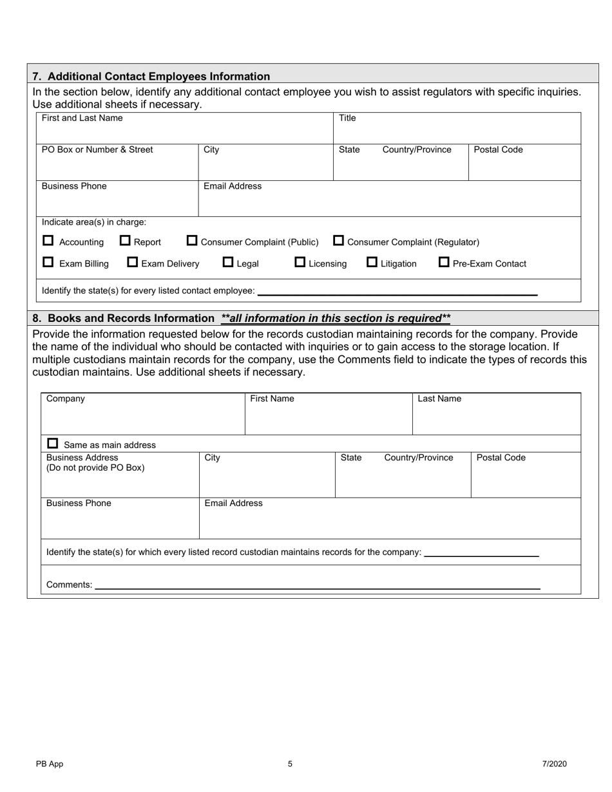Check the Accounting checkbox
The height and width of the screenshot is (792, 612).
[x=48, y=241]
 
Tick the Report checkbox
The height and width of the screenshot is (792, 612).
[x=126, y=241]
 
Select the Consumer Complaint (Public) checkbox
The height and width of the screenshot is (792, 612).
[x=192, y=241]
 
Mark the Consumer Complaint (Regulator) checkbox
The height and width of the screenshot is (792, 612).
[x=338, y=241]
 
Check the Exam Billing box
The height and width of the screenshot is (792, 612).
[x=48, y=263]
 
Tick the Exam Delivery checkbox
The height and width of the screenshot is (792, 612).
[x=133, y=262]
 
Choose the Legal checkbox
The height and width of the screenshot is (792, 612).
[x=228, y=262]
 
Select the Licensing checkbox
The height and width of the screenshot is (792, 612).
[x=300, y=262]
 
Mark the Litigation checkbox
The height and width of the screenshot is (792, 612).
[x=372, y=262]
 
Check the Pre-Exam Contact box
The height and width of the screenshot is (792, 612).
[x=444, y=262]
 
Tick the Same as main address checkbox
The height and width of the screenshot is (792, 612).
[x=53, y=444]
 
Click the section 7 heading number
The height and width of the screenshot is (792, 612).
[x=37, y=77]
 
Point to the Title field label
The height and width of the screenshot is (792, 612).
[x=347, y=118]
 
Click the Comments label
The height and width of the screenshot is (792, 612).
[x=69, y=585]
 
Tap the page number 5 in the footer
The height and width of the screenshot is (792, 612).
[x=290, y=764]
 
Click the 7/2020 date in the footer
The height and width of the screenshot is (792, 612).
[x=554, y=764]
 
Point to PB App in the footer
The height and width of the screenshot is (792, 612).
[x=50, y=764]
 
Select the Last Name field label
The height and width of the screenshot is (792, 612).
[x=439, y=399]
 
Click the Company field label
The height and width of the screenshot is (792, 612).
[x=66, y=399]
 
